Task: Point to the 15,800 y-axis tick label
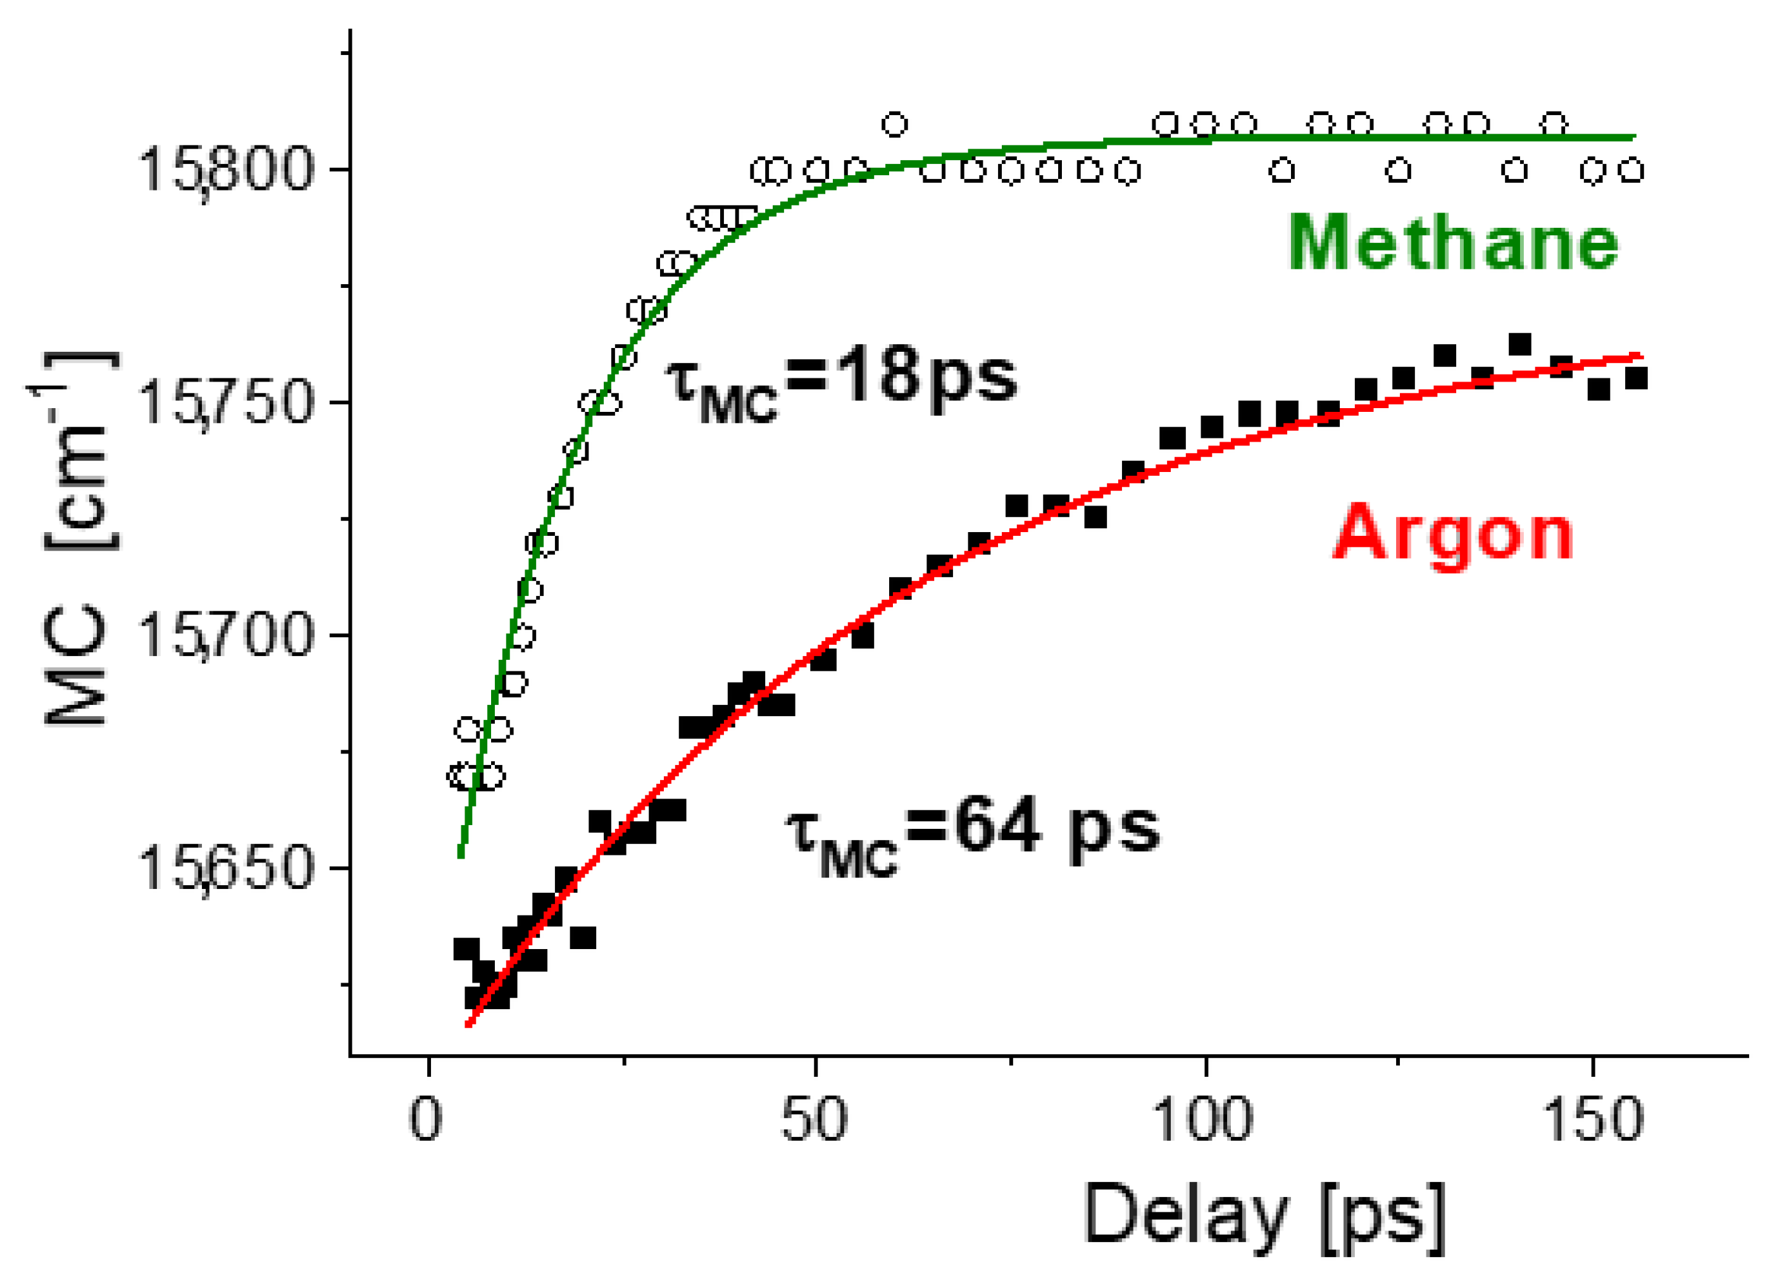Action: pos(226,170)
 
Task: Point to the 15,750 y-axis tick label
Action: pos(226,403)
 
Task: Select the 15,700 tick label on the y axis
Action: pos(226,636)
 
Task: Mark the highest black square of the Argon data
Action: pos(1519,344)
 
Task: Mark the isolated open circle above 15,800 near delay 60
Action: pos(894,124)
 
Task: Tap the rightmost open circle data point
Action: pos(1632,170)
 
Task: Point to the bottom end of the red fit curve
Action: pos(468,1025)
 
